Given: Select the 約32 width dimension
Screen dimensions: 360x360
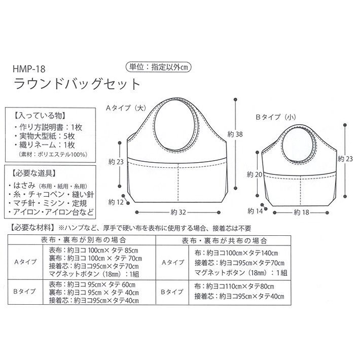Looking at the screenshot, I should point(176,212).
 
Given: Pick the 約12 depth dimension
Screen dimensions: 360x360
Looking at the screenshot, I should point(116,202).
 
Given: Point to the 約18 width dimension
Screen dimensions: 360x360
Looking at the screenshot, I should point(301,212).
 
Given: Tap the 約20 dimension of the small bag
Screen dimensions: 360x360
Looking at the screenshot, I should point(254,174).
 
